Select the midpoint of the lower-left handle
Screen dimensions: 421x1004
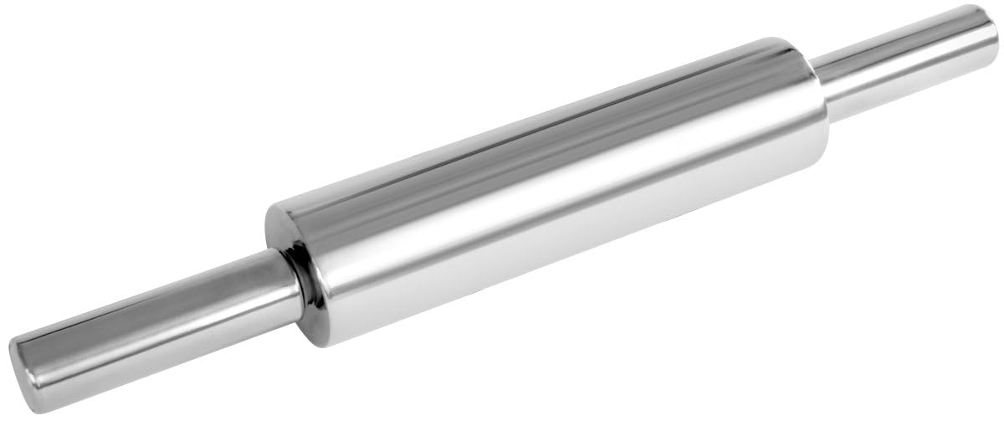155,328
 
